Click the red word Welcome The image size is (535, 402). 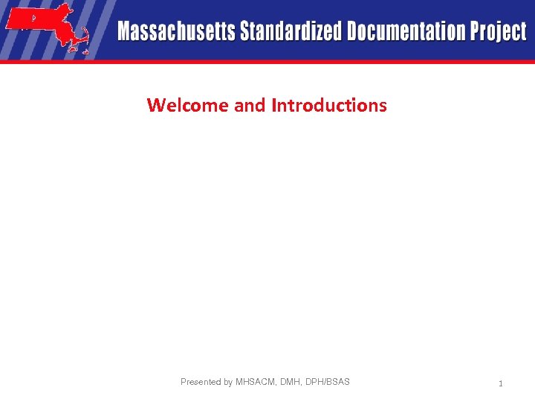coord(188,105)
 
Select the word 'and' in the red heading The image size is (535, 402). coord(250,105)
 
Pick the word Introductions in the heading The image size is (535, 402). coord(329,105)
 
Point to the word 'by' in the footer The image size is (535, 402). coord(228,382)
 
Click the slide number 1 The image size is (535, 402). coord(501,383)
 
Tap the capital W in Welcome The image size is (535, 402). coord(155,105)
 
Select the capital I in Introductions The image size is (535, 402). coord(274,105)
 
